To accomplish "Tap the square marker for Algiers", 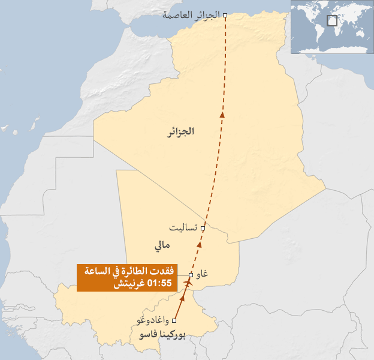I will point(225,15).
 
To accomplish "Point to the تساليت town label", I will point(184,229).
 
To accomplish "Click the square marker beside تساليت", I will point(203,229).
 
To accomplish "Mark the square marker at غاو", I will point(191,275).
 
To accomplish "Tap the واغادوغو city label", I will point(153,321).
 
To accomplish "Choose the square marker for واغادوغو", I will point(174,320).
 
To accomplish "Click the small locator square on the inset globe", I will point(332,20).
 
